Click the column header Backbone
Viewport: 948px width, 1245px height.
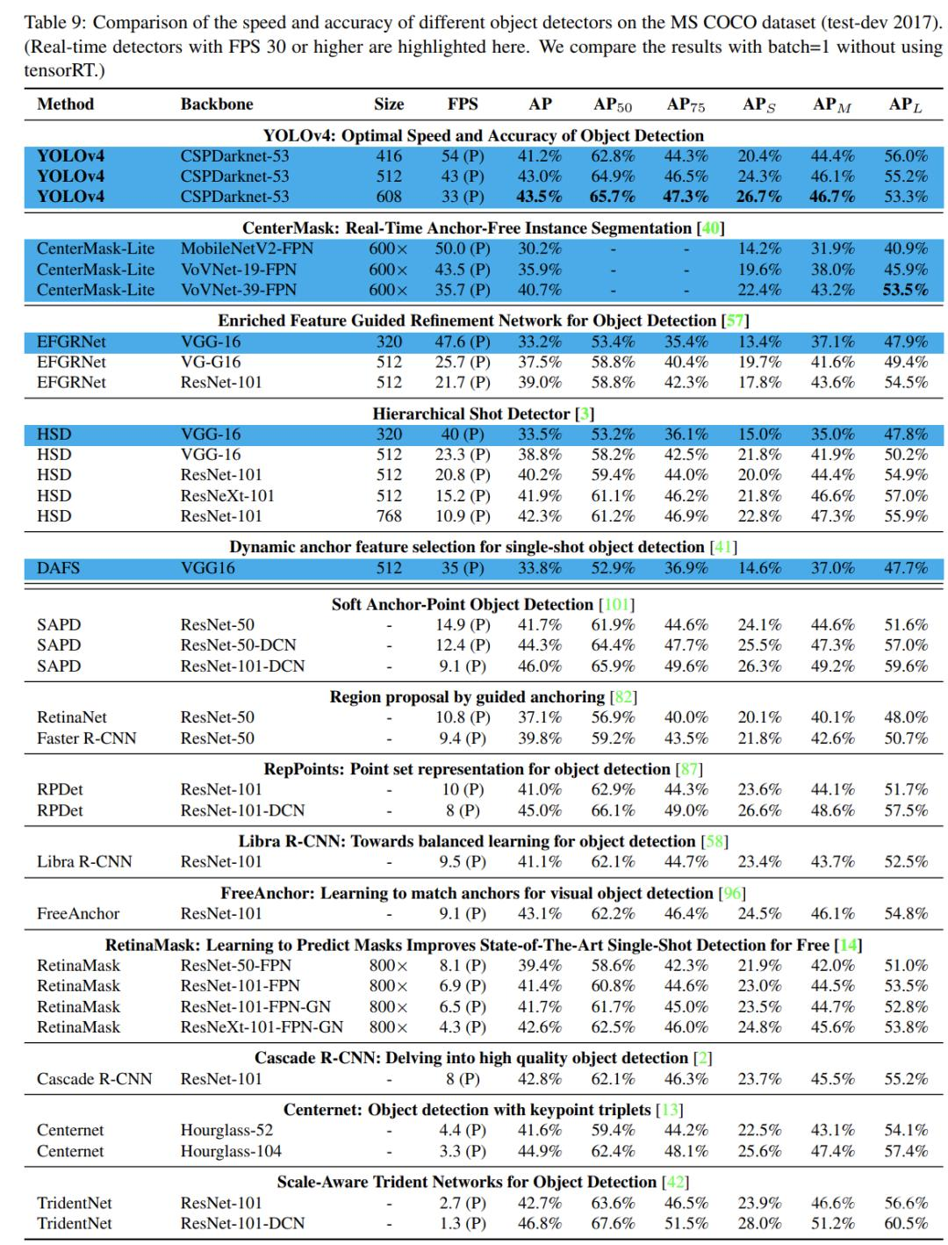click(217, 104)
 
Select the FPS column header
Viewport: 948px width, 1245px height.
click(463, 104)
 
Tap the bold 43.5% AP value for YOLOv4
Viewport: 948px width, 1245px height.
click(539, 197)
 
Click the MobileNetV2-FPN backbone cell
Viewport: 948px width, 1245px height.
click(247, 248)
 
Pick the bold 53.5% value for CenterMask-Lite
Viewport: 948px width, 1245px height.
click(905, 290)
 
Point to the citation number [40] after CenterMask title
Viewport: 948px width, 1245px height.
click(709, 228)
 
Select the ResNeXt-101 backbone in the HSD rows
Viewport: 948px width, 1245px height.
click(227, 495)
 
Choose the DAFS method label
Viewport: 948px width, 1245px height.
click(58, 568)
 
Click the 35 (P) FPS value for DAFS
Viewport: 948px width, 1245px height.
click(463, 568)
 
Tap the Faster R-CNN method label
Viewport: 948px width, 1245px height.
click(86, 738)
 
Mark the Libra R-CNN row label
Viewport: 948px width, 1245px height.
click(84, 862)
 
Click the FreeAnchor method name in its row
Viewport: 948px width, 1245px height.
click(78, 914)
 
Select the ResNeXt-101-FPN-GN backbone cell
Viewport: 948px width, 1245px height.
click(262, 1027)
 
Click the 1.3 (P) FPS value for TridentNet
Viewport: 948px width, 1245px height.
click(463, 1224)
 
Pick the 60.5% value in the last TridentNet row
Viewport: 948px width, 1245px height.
click(905, 1224)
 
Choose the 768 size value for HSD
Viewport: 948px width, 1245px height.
click(389, 516)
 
